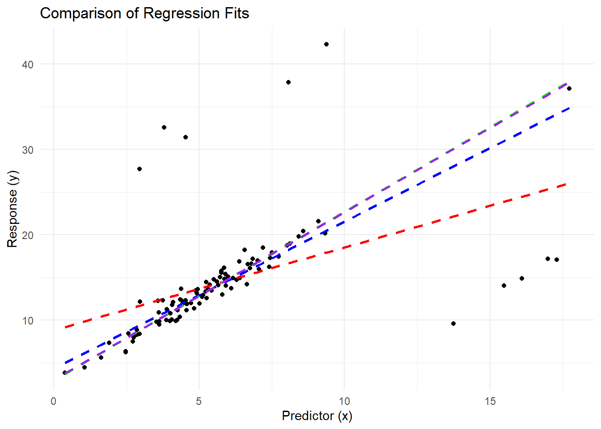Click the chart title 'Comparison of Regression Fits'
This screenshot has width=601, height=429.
144,13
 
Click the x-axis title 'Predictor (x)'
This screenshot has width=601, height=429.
317,416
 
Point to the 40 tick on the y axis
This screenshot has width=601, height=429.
28,64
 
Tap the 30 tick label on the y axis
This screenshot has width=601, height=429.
28,150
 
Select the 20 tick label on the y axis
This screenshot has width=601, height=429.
28,235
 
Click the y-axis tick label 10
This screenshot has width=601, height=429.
28,320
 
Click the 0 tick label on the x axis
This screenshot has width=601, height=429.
54,401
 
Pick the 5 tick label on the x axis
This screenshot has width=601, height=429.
199,401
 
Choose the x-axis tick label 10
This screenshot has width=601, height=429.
344,401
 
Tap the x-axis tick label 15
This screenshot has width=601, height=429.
490,401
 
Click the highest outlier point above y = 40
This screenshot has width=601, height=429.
326,44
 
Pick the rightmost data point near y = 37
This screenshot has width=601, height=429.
569,88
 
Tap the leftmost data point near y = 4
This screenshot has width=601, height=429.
65,372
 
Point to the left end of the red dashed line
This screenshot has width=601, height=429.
65,328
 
